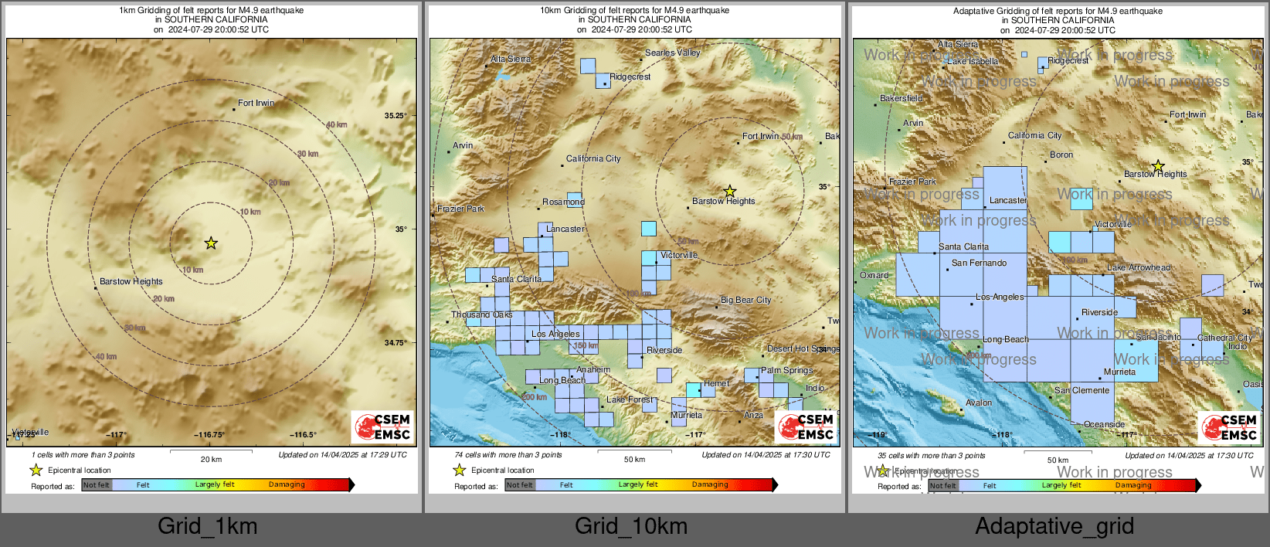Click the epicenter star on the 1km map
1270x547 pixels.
click(211, 243)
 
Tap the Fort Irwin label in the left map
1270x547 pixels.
click(256, 103)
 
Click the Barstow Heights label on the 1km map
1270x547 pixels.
click(131, 281)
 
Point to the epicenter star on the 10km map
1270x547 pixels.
click(729, 191)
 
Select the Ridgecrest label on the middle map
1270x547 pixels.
click(630, 77)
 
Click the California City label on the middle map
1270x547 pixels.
click(593, 158)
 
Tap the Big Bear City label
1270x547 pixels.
click(745, 300)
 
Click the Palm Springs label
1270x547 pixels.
click(786, 370)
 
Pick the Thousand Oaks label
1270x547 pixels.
click(482, 314)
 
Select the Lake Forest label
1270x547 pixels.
click(630, 399)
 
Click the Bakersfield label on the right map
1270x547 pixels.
click(902, 98)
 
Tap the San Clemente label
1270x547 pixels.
click(1082, 390)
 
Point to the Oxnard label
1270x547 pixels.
click(874, 275)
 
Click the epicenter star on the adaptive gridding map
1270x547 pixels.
click(1158, 166)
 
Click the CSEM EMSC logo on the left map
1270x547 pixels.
click(382, 427)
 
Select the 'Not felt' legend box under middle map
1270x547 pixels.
click(520, 485)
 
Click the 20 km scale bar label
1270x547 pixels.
click(211, 459)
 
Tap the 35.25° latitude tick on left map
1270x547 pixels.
click(395, 116)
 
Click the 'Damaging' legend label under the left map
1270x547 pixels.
click(287, 484)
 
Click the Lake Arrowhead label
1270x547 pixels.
click(1138, 267)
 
